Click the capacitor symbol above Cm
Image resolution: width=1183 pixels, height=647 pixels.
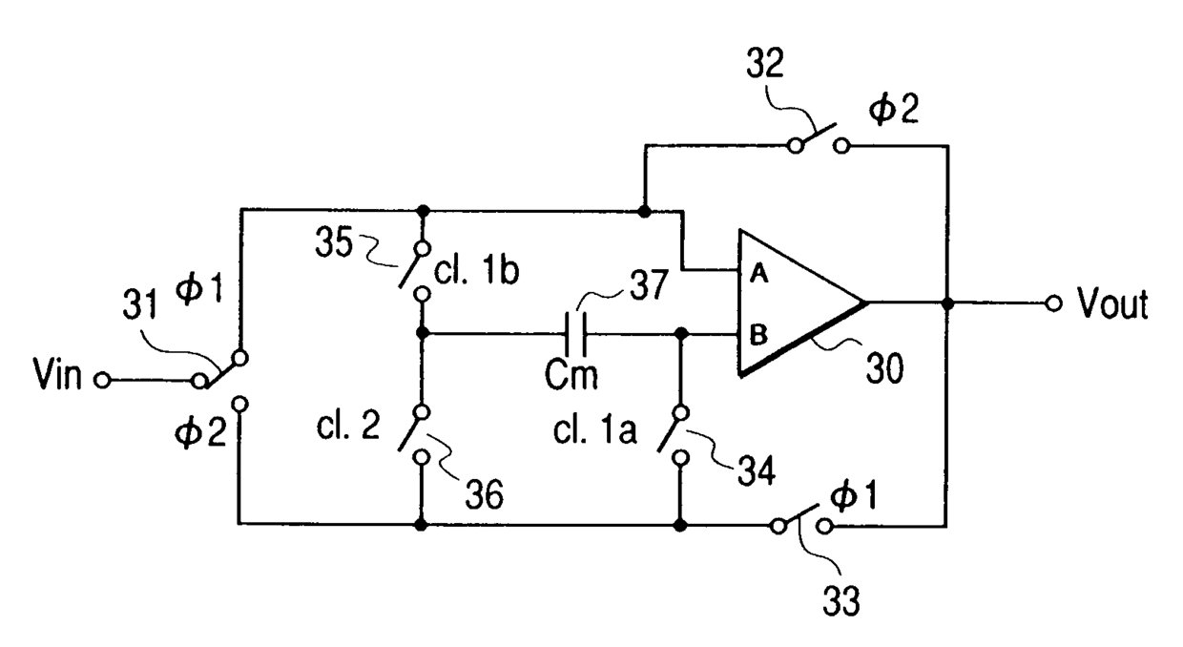click(577, 334)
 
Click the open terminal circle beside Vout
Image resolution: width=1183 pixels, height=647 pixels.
click(1053, 304)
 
